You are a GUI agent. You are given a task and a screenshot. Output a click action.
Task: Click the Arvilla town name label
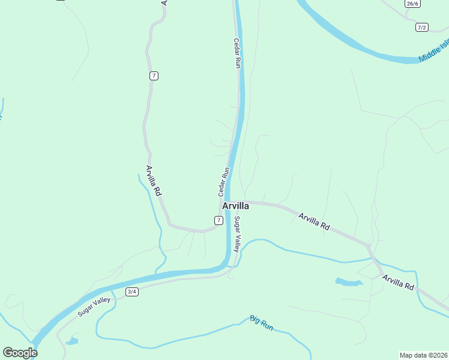pyautogui.click(x=235, y=206)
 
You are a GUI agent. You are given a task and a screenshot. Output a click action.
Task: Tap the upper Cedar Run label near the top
pyautogui.click(x=237, y=53)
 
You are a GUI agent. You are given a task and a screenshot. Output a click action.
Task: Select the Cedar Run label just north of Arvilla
pyautogui.click(x=223, y=182)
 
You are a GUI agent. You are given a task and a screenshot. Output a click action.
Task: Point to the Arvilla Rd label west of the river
pyautogui.click(x=154, y=182)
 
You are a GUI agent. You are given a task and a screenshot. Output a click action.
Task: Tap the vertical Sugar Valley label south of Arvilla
pyautogui.click(x=238, y=234)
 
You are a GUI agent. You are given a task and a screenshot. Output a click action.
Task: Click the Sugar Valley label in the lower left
pyautogui.click(x=94, y=307)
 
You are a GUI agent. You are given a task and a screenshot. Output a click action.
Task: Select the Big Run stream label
pyautogui.click(x=262, y=322)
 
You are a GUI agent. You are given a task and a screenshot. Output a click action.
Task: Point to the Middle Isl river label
pyautogui.click(x=434, y=50)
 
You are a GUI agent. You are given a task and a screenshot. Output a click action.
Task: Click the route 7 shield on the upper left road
pyautogui.click(x=154, y=75)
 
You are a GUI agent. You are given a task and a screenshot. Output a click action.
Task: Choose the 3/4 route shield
pyautogui.click(x=132, y=292)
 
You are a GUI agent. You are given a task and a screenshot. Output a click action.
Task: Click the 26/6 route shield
pyautogui.click(x=412, y=4)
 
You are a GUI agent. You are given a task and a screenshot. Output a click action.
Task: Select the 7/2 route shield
pyautogui.click(x=421, y=28)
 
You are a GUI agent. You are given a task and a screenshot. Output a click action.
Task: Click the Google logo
pyautogui.click(x=20, y=353)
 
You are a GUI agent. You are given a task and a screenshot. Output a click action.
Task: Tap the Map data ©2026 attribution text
pyautogui.click(x=424, y=355)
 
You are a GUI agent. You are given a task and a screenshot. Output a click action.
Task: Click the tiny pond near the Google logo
pyautogui.click(x=72, y=341)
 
